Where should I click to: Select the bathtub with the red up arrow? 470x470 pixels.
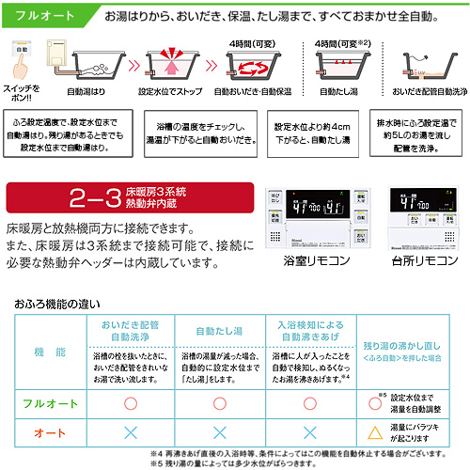(169, 66)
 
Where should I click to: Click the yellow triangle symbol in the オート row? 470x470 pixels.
(374, 433)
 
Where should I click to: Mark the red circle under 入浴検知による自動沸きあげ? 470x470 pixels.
(309, 402)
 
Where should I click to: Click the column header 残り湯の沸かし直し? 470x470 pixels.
(413, 324)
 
